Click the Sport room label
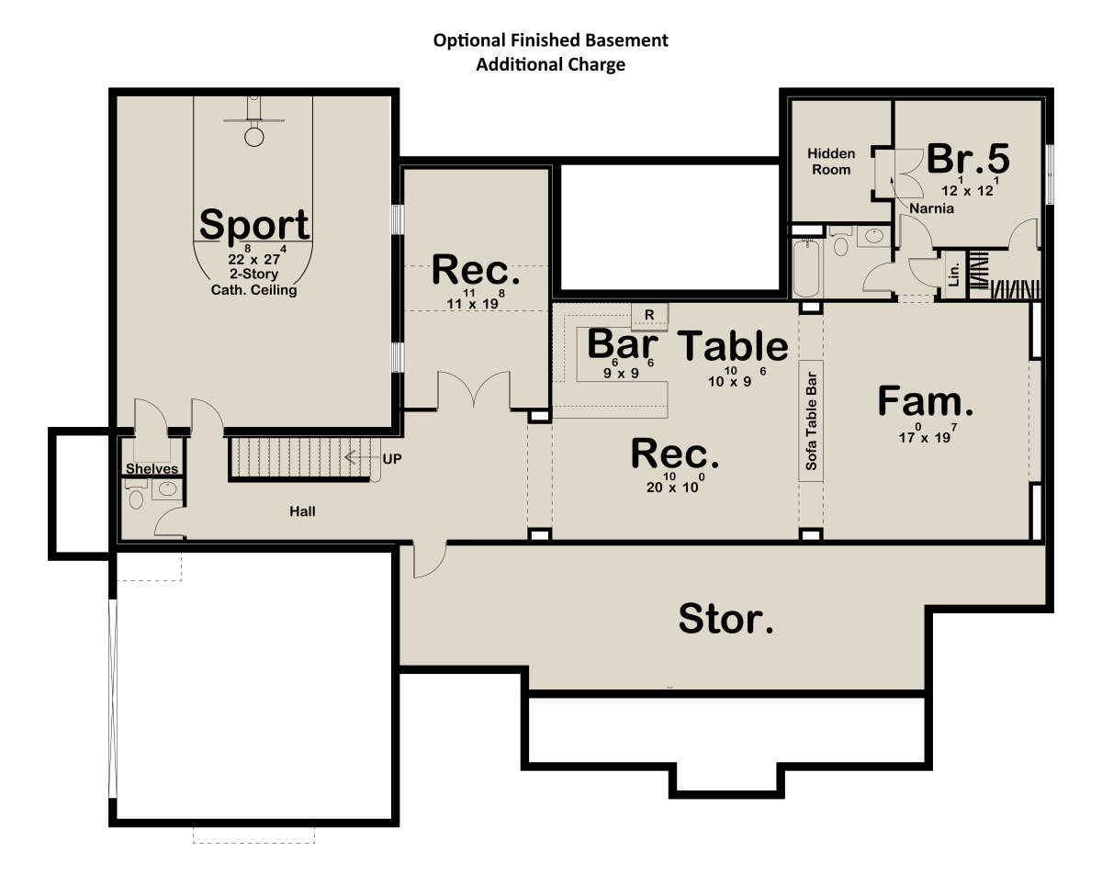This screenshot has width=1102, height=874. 254,225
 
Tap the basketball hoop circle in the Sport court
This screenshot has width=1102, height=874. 254,137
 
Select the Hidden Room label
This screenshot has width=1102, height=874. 830,162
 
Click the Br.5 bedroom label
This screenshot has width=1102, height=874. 968,159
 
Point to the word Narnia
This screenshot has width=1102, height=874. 931,208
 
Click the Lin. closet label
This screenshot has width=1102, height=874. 953,275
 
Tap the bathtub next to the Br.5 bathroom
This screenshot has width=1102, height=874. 805,268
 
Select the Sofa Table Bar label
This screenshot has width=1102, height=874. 811,420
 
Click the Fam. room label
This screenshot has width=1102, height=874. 926,401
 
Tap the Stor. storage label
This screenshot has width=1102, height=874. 725,619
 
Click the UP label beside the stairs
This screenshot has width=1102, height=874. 392,459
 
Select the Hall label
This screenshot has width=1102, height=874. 302,511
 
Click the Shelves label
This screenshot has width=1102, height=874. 152,468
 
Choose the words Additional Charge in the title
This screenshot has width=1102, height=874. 550,65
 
